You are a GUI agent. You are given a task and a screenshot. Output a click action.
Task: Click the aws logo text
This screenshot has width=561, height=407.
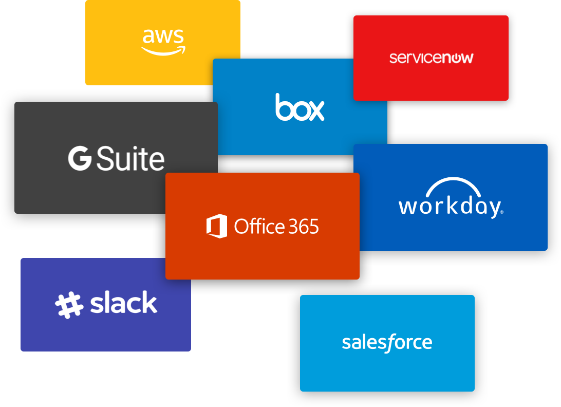point(163,36)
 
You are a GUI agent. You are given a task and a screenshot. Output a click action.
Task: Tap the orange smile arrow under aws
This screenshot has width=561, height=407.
point(163,50)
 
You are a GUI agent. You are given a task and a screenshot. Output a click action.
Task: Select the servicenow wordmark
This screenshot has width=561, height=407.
point(431,58)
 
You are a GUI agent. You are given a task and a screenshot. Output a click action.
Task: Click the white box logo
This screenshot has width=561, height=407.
point(300,107)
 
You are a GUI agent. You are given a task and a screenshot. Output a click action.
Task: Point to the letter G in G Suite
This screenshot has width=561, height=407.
point(80,159)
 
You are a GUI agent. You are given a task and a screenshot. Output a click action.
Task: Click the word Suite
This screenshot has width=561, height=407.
point(130,159)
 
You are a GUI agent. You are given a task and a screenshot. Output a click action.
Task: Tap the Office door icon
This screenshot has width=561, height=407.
point(217,226)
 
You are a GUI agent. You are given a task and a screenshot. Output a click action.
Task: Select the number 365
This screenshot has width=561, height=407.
point(302,227)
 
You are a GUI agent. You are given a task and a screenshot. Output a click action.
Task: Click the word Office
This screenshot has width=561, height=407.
point(259,226)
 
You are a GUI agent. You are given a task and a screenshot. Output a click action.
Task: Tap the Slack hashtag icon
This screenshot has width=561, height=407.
point(69,304)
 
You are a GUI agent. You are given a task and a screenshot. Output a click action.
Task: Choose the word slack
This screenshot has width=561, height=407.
point(124,303)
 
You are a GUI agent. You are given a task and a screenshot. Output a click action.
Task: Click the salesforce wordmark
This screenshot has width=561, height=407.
point(387,343)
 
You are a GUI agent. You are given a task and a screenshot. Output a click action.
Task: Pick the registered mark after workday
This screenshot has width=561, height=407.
point(501,212)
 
